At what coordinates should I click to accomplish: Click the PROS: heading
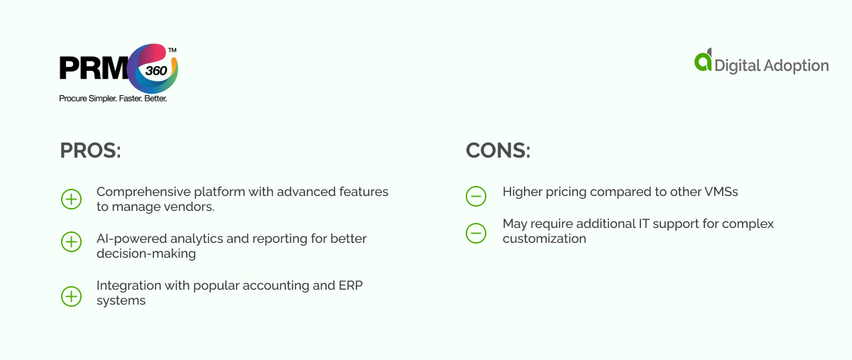coord(90,151)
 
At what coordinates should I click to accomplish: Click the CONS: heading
coord(498,151)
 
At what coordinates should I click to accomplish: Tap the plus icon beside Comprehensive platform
coord(72,200)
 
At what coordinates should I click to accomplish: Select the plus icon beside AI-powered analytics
coord(72,242)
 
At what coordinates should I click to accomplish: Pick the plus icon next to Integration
coord(72,296)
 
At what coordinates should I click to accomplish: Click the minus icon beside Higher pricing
coord(476,196)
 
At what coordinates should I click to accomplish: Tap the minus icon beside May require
coord(476,232)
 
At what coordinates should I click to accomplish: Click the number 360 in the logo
coord(155,71)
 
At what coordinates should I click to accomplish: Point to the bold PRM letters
coord(93,70)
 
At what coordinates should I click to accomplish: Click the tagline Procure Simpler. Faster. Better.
coord(113,99)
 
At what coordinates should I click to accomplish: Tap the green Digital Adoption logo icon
coord(703,61)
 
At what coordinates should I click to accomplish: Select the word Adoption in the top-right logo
coord(796,66)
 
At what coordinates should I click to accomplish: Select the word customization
coord(545,239)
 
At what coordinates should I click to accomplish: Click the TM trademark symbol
coord(172,50)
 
